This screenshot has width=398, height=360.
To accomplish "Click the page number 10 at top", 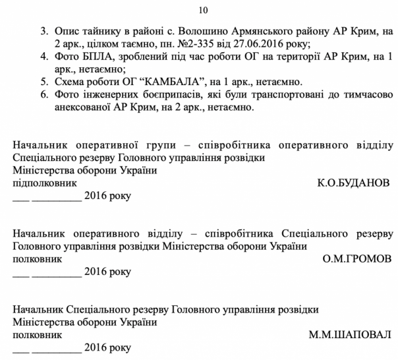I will pyautogui.click(x=202, y=9).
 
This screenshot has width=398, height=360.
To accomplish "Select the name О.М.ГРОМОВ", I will pyautogui.click(x=357, y=258).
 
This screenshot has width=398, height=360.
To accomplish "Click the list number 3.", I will pyautogui.click(x=44, y=31).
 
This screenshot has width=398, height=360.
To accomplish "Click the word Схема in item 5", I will pyautogui.click(x=72, y=82).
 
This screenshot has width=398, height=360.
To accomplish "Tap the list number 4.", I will pyautogui.click(x=44, y=57).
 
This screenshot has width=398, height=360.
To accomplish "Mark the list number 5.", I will pyautogui.click(x=44, y=82).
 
